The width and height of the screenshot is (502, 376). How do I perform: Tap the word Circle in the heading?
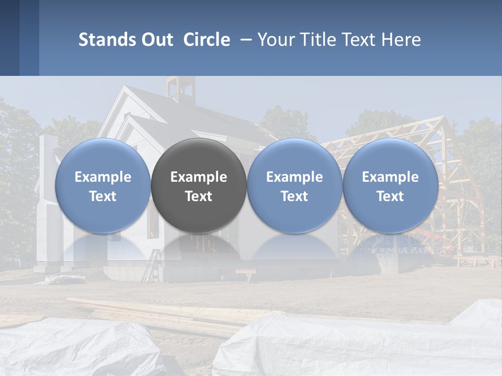207,40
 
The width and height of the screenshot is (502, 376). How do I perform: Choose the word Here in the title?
400,40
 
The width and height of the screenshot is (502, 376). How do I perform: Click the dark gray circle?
199,157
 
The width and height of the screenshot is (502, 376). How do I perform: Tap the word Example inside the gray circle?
199,177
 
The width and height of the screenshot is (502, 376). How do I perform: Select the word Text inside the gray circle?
199,196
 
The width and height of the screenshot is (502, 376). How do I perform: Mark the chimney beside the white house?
49,157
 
